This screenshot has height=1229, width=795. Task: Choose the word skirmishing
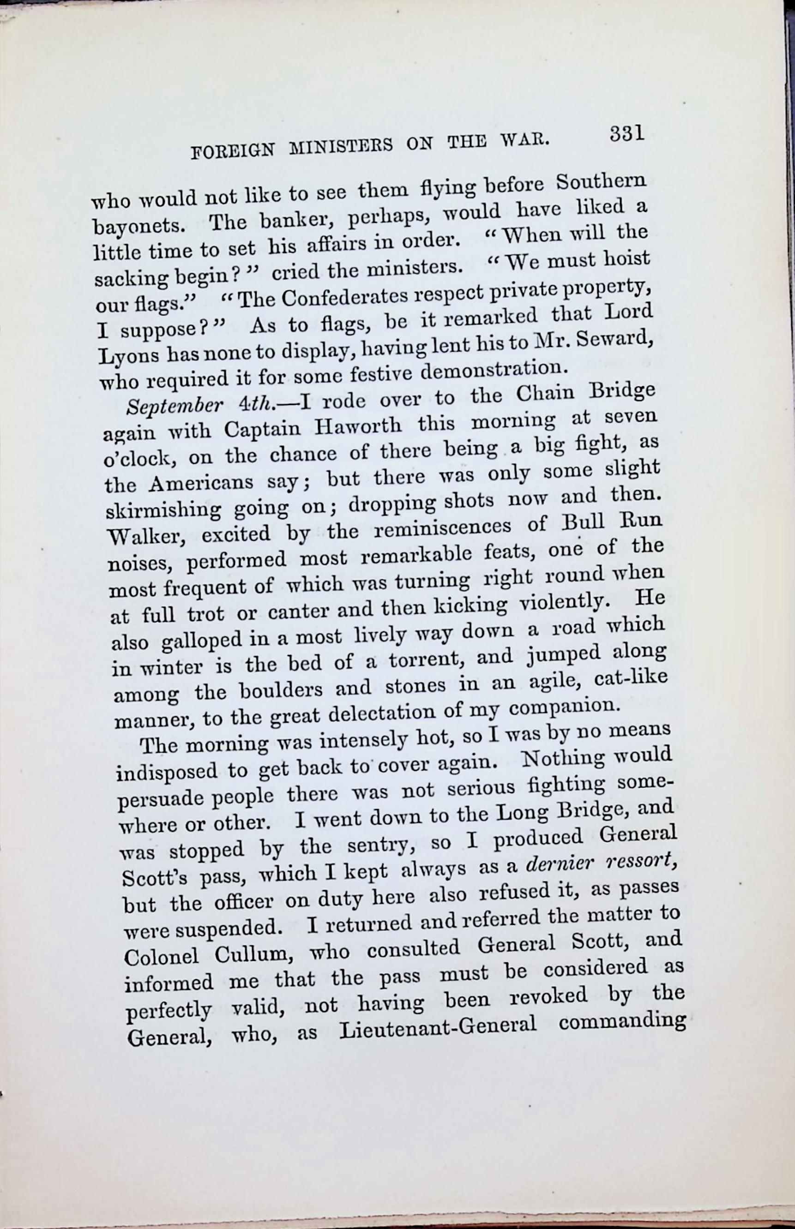[163, 511]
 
